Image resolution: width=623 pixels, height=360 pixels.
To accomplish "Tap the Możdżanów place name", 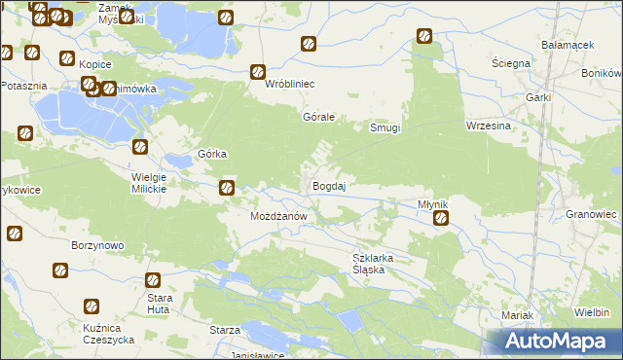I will pyautogui.click(x=279, y=215).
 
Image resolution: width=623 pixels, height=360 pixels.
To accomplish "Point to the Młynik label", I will pyautogui.click(x=432, y=204).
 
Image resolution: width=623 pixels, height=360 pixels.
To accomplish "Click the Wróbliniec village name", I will pyautogui.click(x=290, y=84).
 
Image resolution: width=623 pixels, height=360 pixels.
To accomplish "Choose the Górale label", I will pyautogui.click(x=319, y=117).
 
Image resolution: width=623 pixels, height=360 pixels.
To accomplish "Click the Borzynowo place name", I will pyautogui.click(x=97, y=245).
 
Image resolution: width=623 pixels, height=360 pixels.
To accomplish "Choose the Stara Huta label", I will pyautogui.click(x=159, y=302).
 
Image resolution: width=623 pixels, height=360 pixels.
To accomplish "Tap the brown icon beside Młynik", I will pyautogui.click(x=441, y=219).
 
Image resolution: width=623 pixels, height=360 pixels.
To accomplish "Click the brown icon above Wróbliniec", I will pyautogui.click(x=259, y=71).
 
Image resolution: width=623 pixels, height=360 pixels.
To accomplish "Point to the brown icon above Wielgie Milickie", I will pyautogui.click(x=140, y=147).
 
